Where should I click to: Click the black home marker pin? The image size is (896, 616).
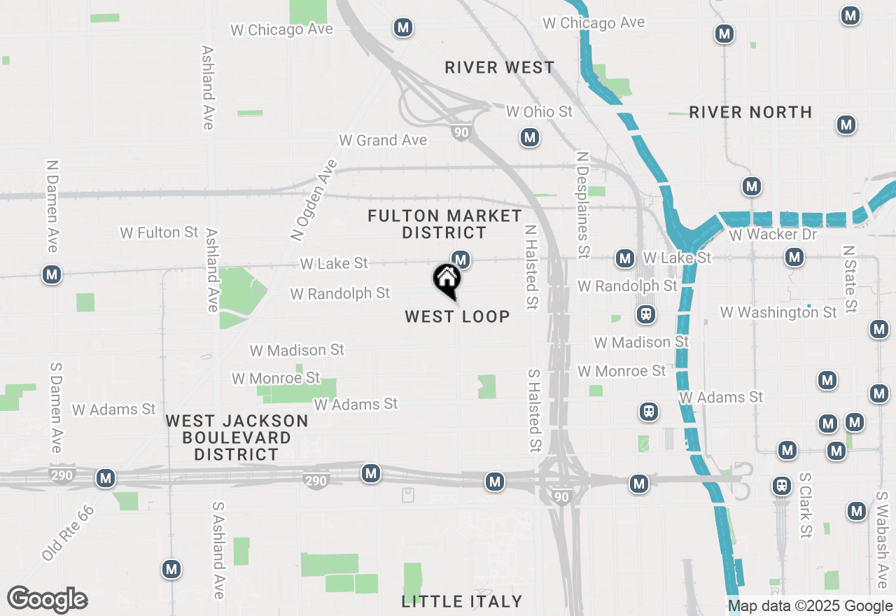[x=447, y=281]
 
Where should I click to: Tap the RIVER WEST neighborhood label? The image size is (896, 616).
[x=500, y=67]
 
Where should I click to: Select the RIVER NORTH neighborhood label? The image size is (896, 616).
[x=750, y=112]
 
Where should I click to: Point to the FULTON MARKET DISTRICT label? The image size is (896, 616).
[x=445, y=224]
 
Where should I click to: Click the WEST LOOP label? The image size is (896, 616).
[x=457, y=316]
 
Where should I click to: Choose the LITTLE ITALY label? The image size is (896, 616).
[x=462, y=601]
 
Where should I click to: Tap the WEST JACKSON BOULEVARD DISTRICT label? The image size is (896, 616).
[x=237, y=437]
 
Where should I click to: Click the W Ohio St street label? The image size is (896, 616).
[x=539, y=112]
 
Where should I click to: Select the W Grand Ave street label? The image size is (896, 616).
[x=383, y=140]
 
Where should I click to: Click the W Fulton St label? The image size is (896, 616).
[x=160, y=232]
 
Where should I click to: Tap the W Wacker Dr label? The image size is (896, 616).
[x=773, y=234]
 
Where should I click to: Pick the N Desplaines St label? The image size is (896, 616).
[x=582, y=204]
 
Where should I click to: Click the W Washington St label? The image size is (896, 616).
[x=778, y=312]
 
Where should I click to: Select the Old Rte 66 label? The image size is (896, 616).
[x=68, y=532]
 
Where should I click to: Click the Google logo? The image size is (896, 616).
[x=47, y=599]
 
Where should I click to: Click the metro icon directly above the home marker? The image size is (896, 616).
[x=460, y=260]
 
